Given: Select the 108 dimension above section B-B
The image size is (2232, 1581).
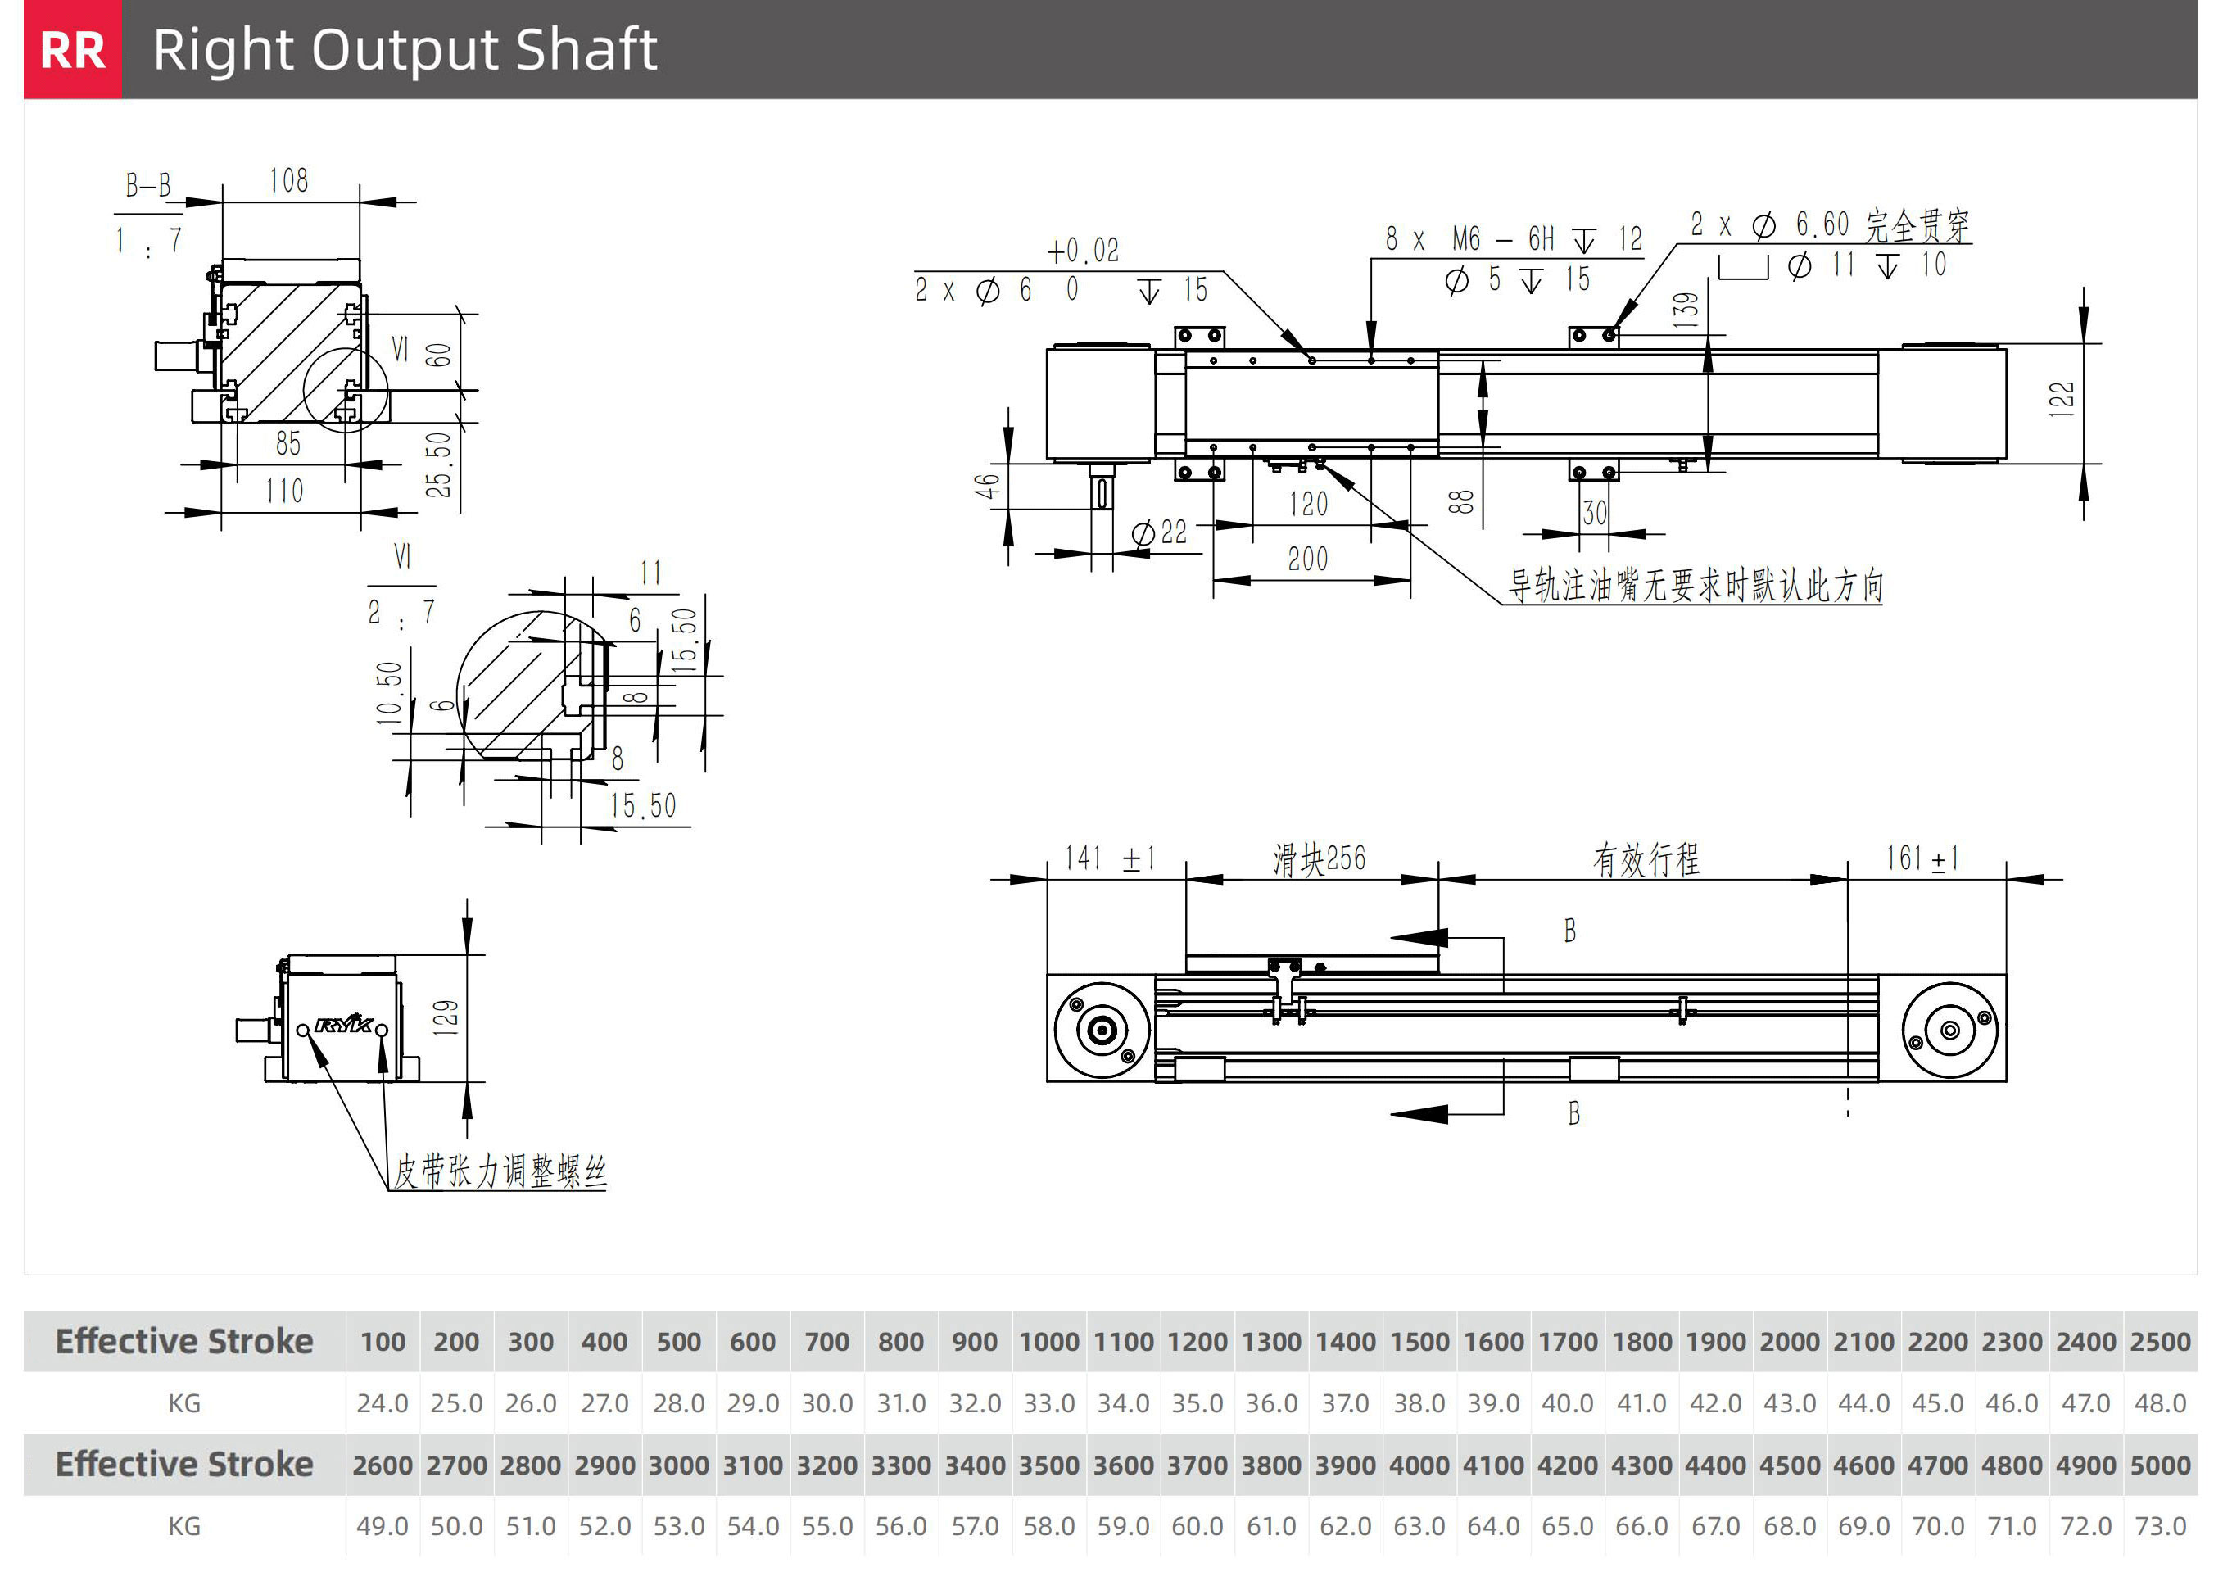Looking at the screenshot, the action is pyautogui.click(x=289, y=180).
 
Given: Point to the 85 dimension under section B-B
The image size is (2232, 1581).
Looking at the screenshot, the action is pyautogui.click(x=288, y=443).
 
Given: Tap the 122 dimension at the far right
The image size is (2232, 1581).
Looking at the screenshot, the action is pyautogui.click(x=2061, y=399).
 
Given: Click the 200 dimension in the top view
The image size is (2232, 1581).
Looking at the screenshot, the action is pyautogui.click(x=1307, y=559).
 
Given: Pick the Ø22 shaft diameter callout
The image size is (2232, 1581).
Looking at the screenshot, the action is pyautogui.click(x=1159, y=532).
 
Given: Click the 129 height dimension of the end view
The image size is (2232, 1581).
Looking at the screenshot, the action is pyautogui.click(x=446, y=1017).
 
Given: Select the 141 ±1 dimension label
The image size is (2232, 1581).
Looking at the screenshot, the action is pyautogui.click(x=1110, y=858).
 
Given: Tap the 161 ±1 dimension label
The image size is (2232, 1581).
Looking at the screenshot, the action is pyautogui.click(x=1922, y=858).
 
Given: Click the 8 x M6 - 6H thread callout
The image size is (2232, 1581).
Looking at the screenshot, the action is pyautogui.click(x=1514, y=238).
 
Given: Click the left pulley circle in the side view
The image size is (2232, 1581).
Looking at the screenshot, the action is pyautogui.click(x=1102, y=1029).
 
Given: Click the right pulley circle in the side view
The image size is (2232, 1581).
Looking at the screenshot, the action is pyautogui.click(x=1949, y=1030).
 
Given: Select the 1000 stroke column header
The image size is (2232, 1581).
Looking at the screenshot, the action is pyautogui.click(x=1048, y=1342).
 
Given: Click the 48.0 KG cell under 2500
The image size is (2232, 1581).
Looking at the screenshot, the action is pyautogui.click(x=2160, y=1403).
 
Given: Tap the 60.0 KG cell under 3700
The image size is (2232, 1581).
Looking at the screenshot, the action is pyautogui.click(x=1197, y=1525).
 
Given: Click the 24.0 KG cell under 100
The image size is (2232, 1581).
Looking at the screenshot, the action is pyautogui.click(x=382, y=1403).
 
